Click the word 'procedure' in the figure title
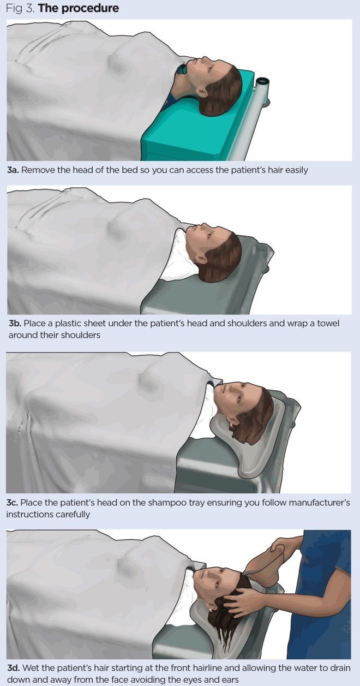[x=90, y=8]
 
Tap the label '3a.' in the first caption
[x=13, y=170]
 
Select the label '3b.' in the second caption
[x=15, y=324]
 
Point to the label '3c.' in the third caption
[x=12, y=503]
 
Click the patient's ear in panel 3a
[x=201, y=93]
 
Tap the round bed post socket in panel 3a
[x=263, y=82]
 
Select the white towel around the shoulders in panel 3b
[x=178, y=257]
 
